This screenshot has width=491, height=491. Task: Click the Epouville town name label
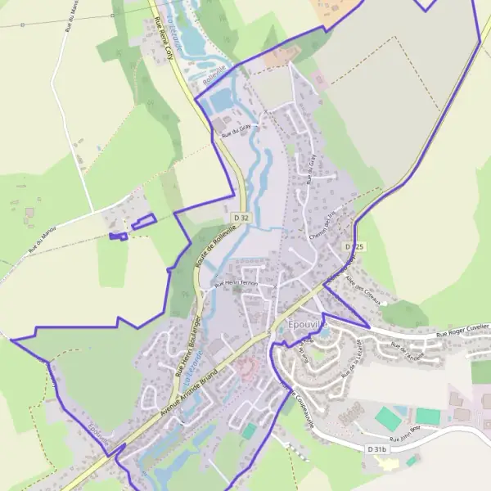308,325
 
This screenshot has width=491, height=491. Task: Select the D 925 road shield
354,245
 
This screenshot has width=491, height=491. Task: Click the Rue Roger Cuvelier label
462,331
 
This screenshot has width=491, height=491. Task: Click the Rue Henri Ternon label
236,284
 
